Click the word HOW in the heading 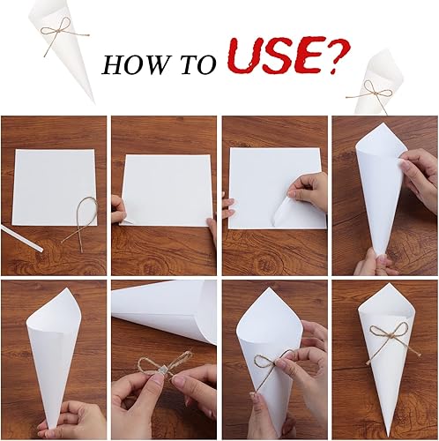click(134, 65)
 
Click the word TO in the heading click(198, 64)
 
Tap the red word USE click(274, 56)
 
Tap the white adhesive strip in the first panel click(22, 238)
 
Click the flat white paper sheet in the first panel click(55, 188)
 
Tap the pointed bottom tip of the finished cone click(390, 435)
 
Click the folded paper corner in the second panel click(126, 221)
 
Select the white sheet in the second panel click(166, 191)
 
